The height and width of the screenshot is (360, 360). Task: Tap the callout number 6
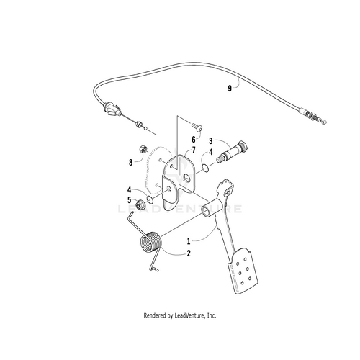[x=194, y=138]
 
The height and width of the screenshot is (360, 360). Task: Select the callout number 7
[x=194, y=151]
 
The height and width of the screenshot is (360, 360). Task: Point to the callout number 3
[x=211, y=141]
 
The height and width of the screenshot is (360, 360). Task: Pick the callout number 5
[x=130, y=200]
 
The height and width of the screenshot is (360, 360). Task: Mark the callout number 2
[x=189, y=253]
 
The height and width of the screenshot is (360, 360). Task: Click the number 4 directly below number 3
[x=211, y=152]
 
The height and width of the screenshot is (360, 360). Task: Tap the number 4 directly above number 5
[x=130, y=190]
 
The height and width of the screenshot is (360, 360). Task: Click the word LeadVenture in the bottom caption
[x=191, y=315]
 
